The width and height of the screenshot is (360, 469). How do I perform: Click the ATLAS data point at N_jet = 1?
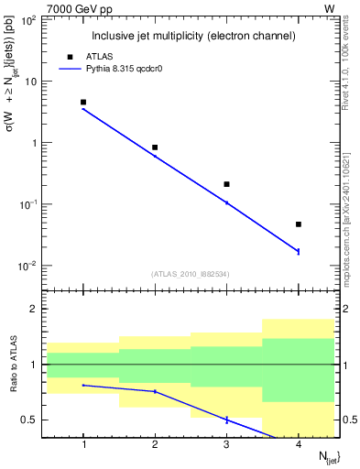coord(83,103)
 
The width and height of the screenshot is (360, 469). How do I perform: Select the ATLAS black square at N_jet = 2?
coord(155,147)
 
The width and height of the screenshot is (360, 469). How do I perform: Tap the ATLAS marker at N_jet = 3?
coord(226,184)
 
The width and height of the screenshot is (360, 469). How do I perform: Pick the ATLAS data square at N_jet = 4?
coord(299,224)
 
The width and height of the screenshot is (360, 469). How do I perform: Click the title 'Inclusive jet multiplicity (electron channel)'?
coord(192,37)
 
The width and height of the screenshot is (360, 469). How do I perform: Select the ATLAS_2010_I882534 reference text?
coord(191,274)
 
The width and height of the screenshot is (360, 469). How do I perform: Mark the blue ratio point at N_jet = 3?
coord(226,420)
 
